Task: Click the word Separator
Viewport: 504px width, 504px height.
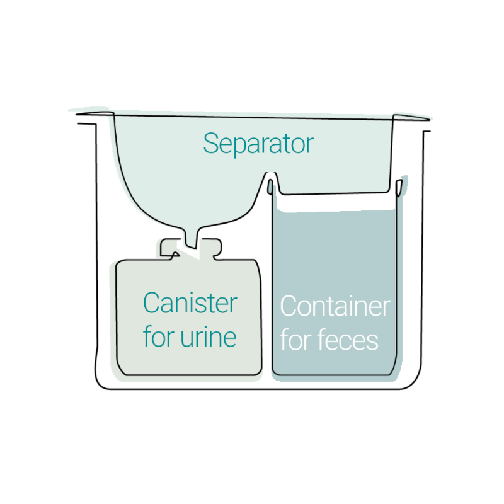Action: click(258, 144)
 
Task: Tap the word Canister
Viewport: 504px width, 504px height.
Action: click(190, 304)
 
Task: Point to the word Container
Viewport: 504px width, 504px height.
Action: click(335, 307)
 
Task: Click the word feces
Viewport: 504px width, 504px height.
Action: click(348, 340)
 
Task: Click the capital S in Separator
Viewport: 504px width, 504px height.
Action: click(210, 144)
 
